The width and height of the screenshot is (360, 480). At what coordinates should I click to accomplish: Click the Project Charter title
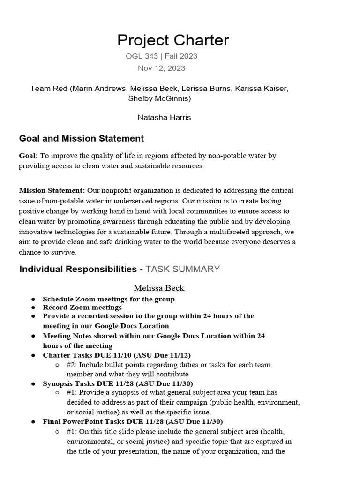[173, 40]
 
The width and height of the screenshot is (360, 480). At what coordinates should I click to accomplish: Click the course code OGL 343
[142, 56]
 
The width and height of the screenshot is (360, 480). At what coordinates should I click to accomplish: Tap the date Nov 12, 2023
[161, 68]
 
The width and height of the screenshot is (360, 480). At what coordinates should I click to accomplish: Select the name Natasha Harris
[164, 117]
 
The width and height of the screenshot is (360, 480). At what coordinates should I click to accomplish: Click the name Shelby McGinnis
[159, 98]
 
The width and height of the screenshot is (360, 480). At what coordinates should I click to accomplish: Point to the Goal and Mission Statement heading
[81, 139]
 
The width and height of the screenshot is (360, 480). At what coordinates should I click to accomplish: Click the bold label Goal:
[29, 155]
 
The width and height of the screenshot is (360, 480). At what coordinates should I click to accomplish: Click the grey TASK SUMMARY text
[182, 269]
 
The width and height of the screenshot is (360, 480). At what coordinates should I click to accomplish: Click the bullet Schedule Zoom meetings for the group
[108, 299]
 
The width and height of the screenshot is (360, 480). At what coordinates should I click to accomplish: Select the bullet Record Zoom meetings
[82, 307]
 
